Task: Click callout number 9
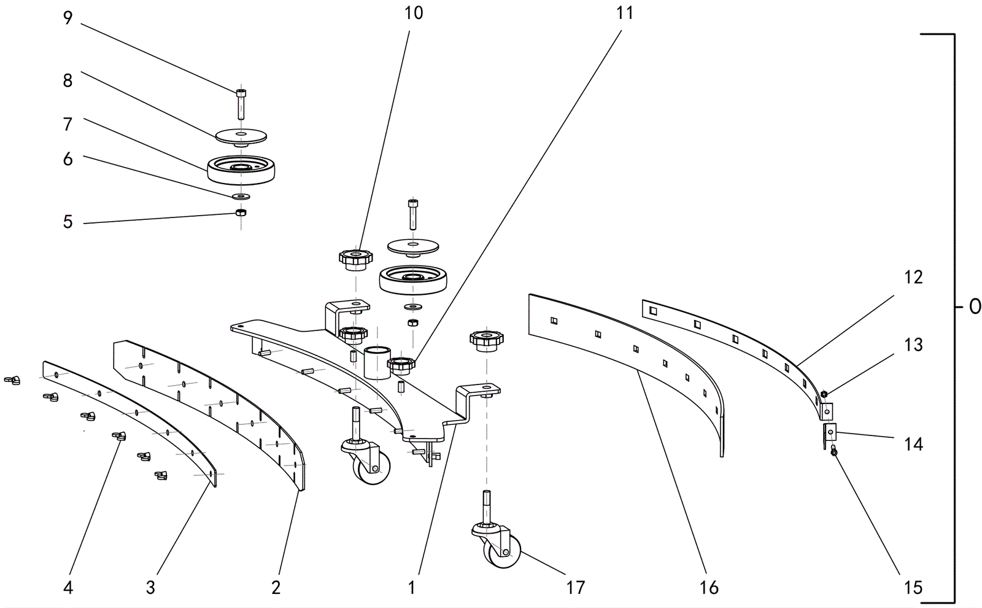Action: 68,18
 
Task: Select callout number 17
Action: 575,588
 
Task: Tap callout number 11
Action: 624,13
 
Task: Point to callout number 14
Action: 913,443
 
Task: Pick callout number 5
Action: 68,222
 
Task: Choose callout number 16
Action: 709,588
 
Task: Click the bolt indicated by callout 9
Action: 240,103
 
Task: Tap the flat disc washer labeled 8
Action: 241,135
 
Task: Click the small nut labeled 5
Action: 241,212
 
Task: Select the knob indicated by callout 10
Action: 355,258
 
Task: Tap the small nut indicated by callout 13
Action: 824,394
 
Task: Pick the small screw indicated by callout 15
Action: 833,452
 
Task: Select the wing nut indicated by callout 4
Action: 118,437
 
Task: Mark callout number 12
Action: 913,278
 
